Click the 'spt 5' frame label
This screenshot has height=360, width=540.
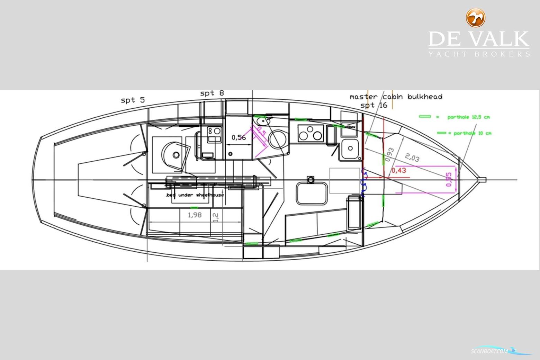(x=133, y=100)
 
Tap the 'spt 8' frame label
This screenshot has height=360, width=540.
(x=212, y=93)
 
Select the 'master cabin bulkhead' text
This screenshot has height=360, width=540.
(x=396, y=97)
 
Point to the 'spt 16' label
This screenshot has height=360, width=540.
(x=374, y=105)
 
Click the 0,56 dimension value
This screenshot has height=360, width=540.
(x=238, y=137)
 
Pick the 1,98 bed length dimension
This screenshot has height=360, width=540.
(x=195, y=215)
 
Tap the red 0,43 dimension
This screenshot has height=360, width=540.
(x=398, y=170)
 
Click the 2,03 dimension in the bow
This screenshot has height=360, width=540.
(x=412, y=158)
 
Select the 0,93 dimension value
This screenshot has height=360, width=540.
(x=389, y=155)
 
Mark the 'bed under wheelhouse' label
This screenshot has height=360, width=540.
(x=195, y=195)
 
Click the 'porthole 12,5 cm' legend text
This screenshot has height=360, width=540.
(x=468, y=117)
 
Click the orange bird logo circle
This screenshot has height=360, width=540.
(x=476, y=18)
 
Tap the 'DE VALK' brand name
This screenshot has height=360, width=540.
(x=479, y=39)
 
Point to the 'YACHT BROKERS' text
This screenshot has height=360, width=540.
(x=479, y=54)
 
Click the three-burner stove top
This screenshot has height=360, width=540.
(x=310, y=133)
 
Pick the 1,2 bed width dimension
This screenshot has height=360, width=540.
(x=215, y=217)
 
